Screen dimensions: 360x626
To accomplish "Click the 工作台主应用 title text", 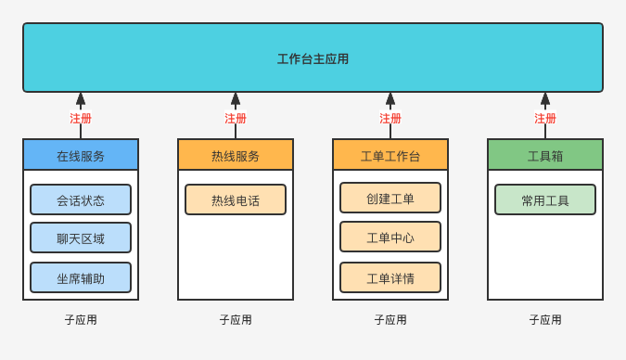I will (313, 58).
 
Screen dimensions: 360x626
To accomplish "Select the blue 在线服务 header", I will (81, 155).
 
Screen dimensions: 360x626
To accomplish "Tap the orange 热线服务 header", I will (236, 155).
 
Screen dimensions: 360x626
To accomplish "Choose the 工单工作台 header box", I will (390, 155).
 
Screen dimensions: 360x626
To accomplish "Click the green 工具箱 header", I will (545, 155).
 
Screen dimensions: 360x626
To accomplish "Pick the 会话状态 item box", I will (81, 199).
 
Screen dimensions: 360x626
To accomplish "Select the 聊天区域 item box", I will (81, 238).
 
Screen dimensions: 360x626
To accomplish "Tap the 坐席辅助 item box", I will (81, 277).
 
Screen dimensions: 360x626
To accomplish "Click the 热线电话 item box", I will (236, 199).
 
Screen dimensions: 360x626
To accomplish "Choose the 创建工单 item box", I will (390, 198).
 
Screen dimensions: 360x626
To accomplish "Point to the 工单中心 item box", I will (390, 237).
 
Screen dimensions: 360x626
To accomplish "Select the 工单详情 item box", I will (390, 277).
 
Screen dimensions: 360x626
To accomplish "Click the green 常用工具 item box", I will (545, 199).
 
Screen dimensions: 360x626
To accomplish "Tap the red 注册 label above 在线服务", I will (81, 119).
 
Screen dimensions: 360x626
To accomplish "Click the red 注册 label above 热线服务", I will (236, 119).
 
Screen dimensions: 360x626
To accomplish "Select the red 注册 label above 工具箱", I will (545, 119).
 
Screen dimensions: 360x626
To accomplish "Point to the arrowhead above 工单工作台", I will (390, 99).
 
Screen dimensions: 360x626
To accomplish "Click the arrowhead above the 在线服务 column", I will (81, 99).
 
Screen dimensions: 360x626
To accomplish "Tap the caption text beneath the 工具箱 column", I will (545, 319).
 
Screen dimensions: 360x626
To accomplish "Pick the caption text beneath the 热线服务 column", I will (236, 319).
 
